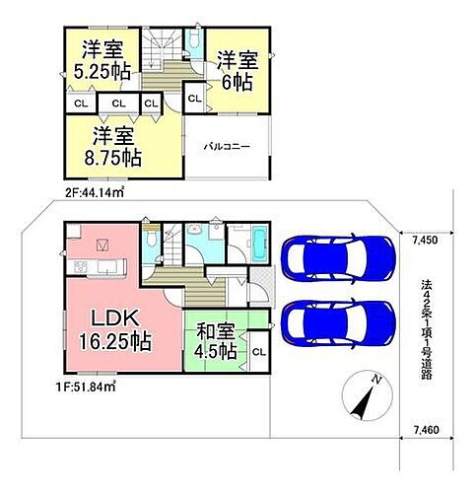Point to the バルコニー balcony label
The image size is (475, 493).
[x=227, y=145]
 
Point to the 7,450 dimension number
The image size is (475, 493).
[x=425, y=240]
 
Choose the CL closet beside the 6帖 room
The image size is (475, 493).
[x=193, y=98]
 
